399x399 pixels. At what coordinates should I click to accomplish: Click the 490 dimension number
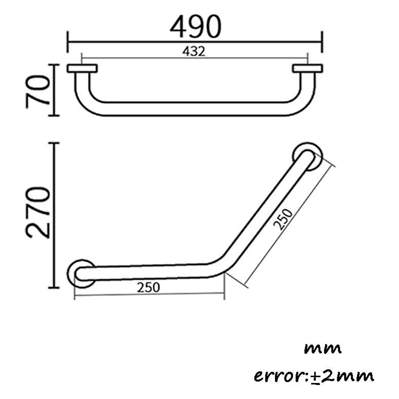[x=195, y=27]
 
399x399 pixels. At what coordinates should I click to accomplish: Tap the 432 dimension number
[x=194, y=51]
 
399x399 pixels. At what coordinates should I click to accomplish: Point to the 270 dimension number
[x=38, y=213]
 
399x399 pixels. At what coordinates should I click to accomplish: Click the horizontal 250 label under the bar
[x=148, y=287]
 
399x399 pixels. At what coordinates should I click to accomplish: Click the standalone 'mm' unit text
[x=323, y=349]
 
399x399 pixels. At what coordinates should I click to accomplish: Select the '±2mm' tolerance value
[x=342, y=376]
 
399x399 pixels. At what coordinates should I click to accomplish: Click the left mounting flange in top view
[x=82, y=68]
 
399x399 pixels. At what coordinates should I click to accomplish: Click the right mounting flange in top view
[x=307, y=68]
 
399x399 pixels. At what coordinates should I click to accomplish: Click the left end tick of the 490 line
[x=68, y=42]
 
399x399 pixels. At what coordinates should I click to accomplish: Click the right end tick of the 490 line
[x=322, y=42]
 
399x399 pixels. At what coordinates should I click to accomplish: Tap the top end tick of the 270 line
[x=54, y=143]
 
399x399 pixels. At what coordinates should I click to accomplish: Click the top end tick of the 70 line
[x=54, y=65]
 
